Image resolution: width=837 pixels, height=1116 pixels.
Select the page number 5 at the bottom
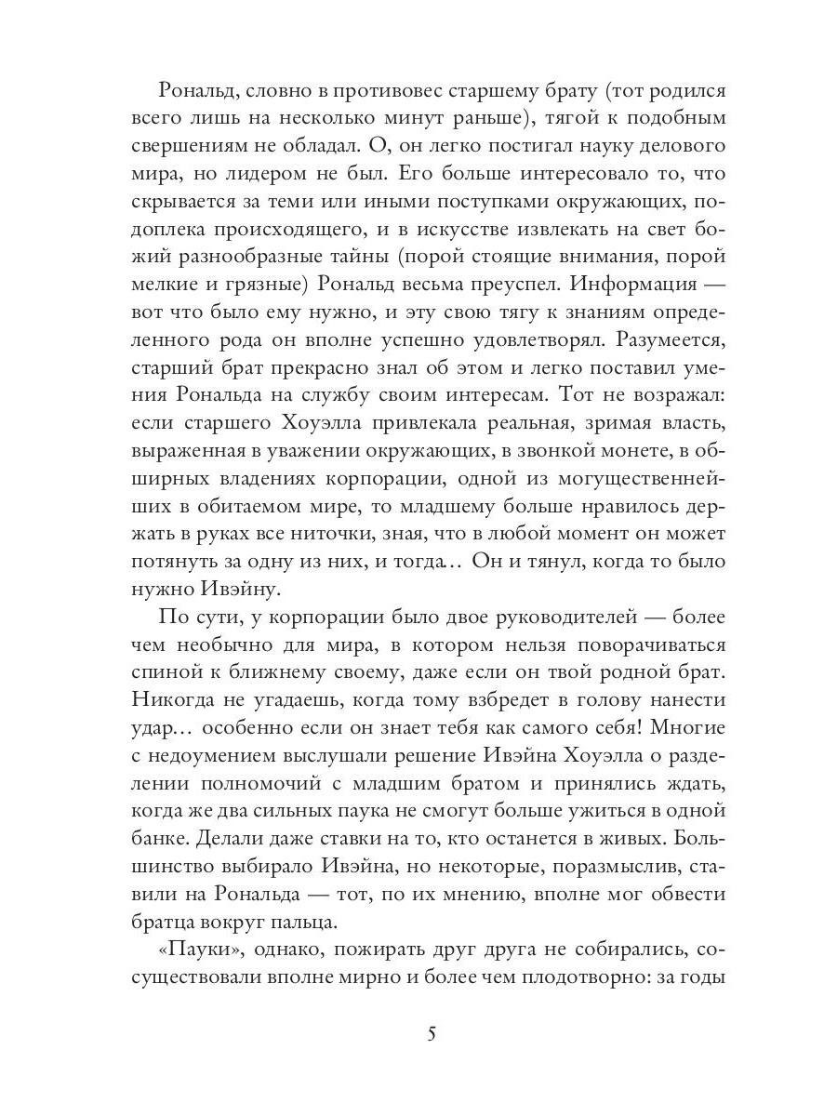click(x=430, y=1033)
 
